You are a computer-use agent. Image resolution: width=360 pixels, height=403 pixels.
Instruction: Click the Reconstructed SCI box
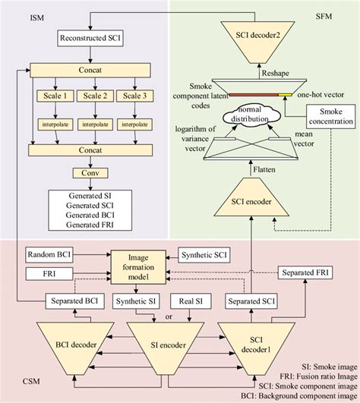[x=89, y=37]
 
